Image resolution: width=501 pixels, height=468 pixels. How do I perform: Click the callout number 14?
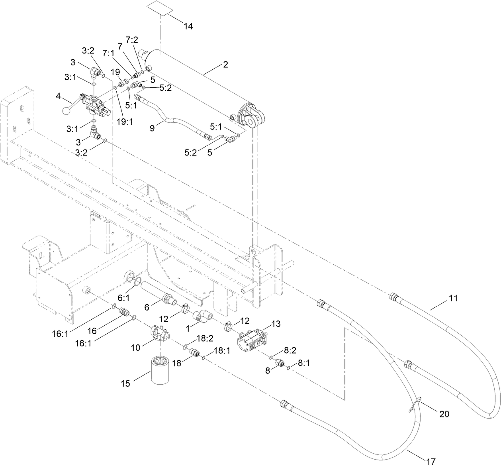(x=188, y=26)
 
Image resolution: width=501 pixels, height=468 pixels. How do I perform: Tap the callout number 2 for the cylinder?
(x=225, y=65)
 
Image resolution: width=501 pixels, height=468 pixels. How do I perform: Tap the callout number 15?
(x=125, y=383)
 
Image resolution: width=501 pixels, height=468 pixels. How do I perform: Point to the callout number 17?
(x=431, y=462)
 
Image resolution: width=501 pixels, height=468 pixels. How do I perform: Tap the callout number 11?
(x=453, y=297)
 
